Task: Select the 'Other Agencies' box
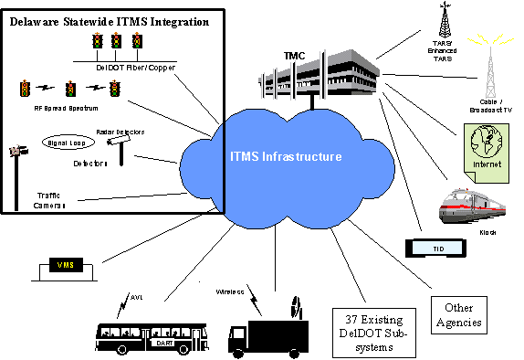[457, 316]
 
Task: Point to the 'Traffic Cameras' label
[55, 200]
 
